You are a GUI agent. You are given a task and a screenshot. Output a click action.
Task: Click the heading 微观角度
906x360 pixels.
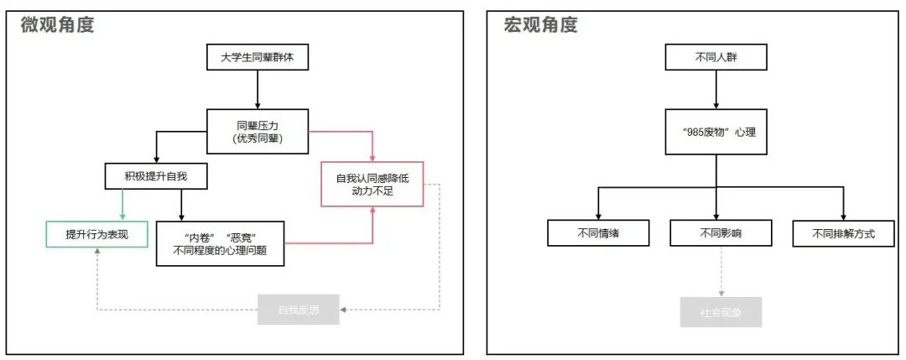tap(58, 25)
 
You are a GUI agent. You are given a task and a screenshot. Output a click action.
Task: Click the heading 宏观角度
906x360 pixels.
tap(541, 25)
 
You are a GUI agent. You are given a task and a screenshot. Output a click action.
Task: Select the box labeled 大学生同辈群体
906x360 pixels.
tap(258, 58)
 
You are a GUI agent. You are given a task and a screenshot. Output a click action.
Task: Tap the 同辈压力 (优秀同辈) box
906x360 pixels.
tap(258, 132)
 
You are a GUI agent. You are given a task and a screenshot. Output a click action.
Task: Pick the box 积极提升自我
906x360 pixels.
tap(154, 176)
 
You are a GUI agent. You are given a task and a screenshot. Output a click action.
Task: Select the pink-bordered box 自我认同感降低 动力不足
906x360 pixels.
tap(372, 184)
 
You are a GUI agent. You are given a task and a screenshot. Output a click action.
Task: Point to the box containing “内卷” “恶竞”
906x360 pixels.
tap(220, 243)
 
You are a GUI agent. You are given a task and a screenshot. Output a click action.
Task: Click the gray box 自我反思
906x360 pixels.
tap(299, 311)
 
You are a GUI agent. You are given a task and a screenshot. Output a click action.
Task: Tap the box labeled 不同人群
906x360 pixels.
tap(716, 58)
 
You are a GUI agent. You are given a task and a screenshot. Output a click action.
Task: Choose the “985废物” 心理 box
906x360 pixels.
tap(716, 132)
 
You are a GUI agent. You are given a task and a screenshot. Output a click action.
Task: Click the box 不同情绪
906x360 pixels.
tap(598, 233)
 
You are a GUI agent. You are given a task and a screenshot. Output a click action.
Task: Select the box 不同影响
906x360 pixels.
tap(721, 233)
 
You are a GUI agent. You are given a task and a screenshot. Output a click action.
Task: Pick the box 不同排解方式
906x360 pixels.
tap(843, 233)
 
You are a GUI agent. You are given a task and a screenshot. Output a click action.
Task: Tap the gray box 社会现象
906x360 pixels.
tap(721, 312)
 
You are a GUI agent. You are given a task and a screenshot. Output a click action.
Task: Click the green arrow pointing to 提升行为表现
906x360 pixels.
tap(123, 204)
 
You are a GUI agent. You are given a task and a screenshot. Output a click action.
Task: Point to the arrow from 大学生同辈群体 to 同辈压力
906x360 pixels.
tap(258, 90)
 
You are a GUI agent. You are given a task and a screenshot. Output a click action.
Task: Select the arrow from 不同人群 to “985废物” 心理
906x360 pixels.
tap(716, 90)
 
